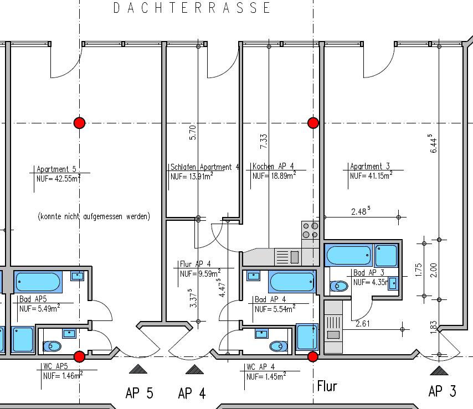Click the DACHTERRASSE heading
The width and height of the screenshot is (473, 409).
click(x=192, y=8)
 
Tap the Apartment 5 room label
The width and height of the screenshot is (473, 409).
click(x=56, y=169)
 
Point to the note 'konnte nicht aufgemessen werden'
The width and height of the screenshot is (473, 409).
click(x=94, y=216)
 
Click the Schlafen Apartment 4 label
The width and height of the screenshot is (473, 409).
click(x=205, y=167)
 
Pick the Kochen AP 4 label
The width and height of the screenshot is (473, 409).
click(x=273, y=166)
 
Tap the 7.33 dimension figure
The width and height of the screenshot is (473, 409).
click(x=264, y=141)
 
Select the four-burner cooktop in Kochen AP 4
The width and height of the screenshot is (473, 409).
click(x=310, y=230)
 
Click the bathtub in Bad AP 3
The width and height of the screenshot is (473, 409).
click(x=349, y=255)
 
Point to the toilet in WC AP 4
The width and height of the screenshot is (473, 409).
click(x=279, y=346)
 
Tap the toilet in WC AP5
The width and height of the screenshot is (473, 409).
click(x=52, y=346)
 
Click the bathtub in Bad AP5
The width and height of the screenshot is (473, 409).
click(x=38, y=282)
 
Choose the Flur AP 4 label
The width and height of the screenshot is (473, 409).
click(x=195, y=264)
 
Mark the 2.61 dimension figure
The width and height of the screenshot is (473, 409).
click(x=363, y=324)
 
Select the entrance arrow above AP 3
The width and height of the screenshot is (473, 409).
click(x=439, y=370)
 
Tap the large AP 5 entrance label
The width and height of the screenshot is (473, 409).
click(x=140, y=393)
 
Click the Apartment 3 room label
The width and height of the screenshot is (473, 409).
click(x=370, y=166)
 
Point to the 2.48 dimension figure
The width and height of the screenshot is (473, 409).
click(x=361, y=211)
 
